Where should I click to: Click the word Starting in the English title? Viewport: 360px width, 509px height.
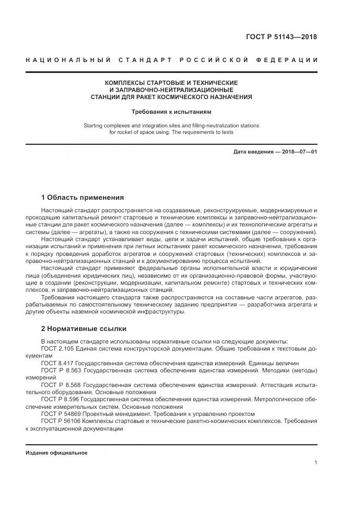(95, 125)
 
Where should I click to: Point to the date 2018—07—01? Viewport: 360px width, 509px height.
(298, 151)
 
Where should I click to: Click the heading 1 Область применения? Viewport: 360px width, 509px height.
(82, 197)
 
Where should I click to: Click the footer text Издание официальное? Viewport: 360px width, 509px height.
(56, 453)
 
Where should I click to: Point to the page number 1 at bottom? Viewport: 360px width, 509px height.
(316, 463)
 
